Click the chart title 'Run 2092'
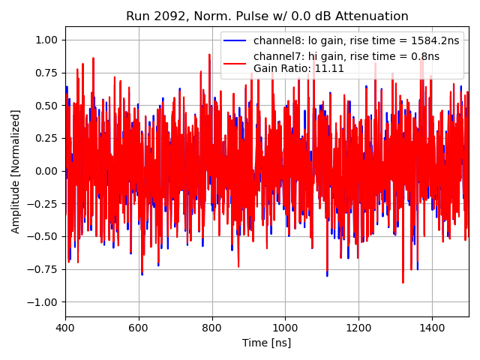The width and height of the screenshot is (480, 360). coord(153,16)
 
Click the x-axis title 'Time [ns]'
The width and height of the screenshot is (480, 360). coord(266,343)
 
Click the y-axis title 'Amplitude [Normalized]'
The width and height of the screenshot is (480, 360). coord(16,171)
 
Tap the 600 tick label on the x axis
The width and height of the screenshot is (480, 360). coord(139,328)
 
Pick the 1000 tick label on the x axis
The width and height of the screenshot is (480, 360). coord(285,328)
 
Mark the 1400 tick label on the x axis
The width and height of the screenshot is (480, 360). coord(432,328)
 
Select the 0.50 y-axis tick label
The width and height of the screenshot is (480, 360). coord(48,106)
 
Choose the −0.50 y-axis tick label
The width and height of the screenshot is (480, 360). coord(45,236)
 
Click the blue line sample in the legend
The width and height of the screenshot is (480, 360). coord(235,40)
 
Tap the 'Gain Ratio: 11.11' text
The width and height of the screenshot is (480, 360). coord(298,68)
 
